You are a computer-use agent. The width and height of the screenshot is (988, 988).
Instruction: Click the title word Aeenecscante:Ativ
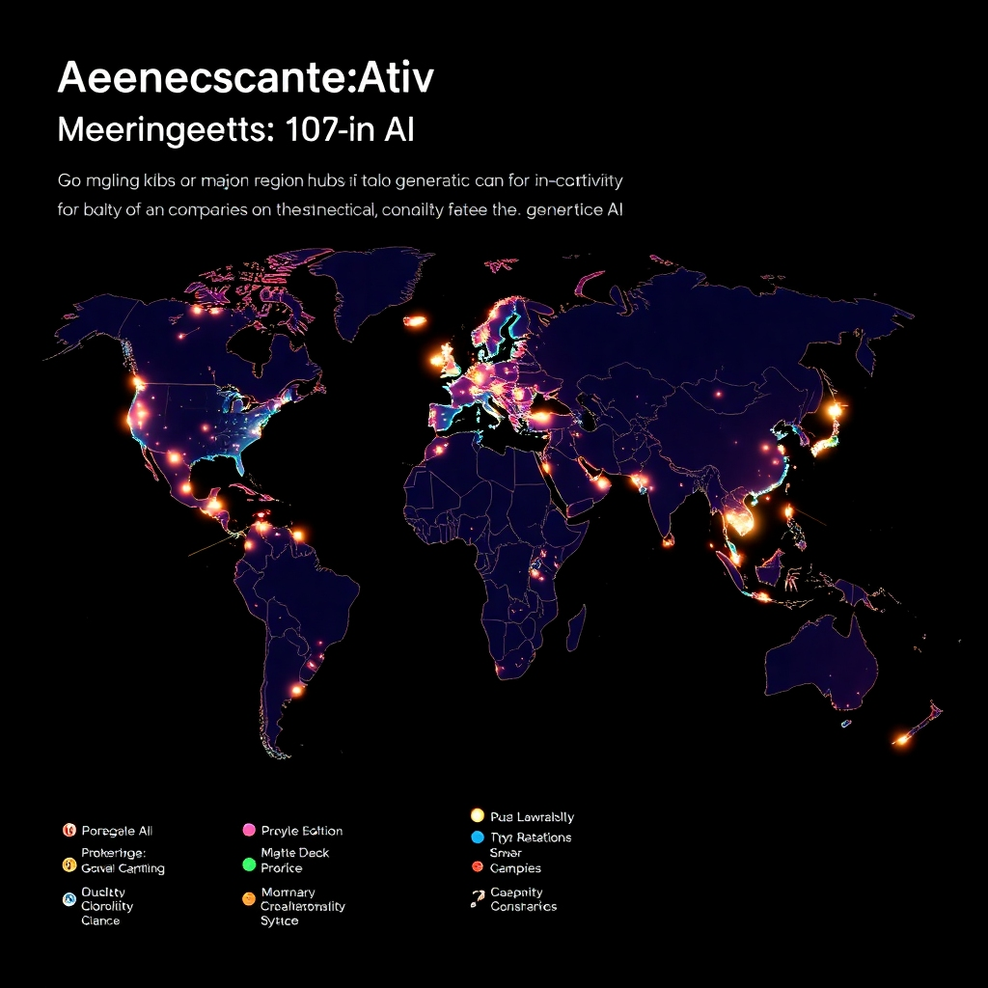pyautogui.click(x=246, y=79)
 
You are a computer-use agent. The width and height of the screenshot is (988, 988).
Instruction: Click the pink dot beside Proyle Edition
pyautogui.click(x=249, y=831)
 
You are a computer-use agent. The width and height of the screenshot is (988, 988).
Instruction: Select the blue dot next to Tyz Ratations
pyautogui.click(x=477, y=837)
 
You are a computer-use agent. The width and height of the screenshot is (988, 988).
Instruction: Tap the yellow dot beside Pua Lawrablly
pyautogui.click(x=477, y=816)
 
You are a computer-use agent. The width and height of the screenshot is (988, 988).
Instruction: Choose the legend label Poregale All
pyautogui.click(x=117, y=831)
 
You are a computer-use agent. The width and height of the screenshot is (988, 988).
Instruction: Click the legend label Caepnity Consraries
pyautogui.click(x=523, y=899)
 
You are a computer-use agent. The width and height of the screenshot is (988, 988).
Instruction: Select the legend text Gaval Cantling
pyautogui.click(x=123, y=868)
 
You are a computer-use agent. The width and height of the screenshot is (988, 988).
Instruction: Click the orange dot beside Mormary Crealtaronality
pyautogui.click(x=249, y=899)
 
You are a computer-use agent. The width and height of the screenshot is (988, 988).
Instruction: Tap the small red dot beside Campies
pyautogui.click(x=477, y=868)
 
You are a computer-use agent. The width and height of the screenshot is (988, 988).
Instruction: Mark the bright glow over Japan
pyautogui.click(x=835, y=411)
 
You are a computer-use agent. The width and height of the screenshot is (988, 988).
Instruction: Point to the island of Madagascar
pyautogui.click(x=576, y=633)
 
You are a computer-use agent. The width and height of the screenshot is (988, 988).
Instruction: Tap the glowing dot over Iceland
pyautogui.click(x=415, y=321)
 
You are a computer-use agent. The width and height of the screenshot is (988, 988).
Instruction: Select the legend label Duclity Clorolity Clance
pyautogui.click(x=107, y=907)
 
